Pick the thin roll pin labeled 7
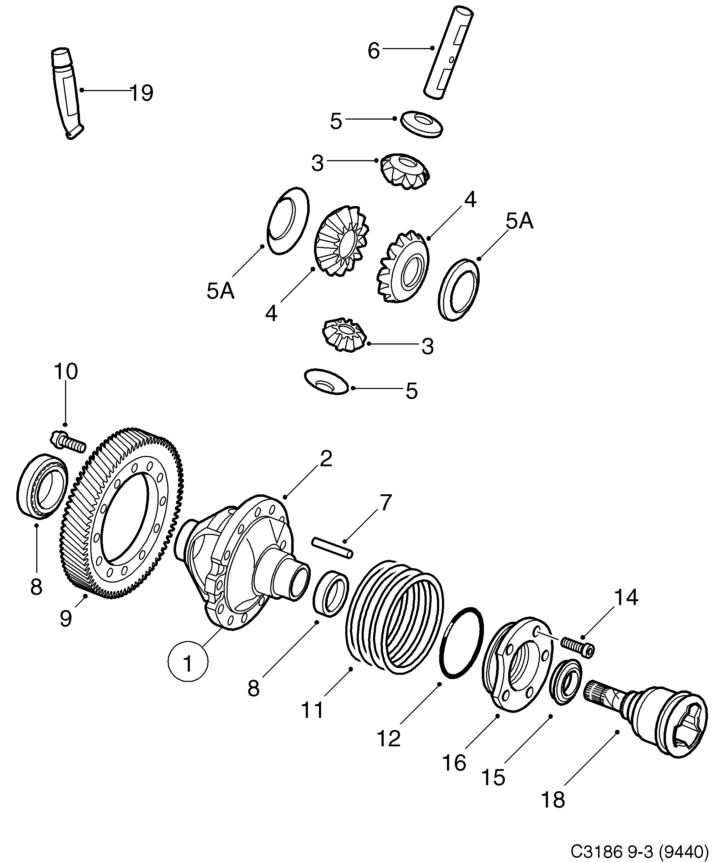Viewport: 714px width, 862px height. click(x=332, y=548)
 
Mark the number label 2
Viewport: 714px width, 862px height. click(x=326, y=458)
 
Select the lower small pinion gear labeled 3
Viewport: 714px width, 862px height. click(x=344, y=335)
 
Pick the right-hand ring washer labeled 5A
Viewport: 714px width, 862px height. click(x=458, y=289)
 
